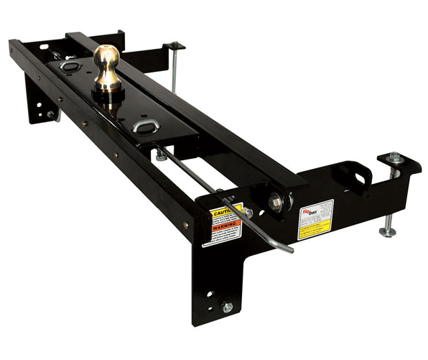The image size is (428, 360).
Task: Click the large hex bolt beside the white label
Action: click(276, 203)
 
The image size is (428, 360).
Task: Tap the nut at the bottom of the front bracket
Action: click(227, 307)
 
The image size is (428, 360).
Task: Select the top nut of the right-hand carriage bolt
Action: click(394, 157)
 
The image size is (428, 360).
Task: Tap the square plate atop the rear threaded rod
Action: click(174, 46)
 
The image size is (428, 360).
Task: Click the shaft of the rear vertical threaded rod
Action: click(175, 72)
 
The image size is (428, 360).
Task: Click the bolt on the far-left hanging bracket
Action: click(50, 114)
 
